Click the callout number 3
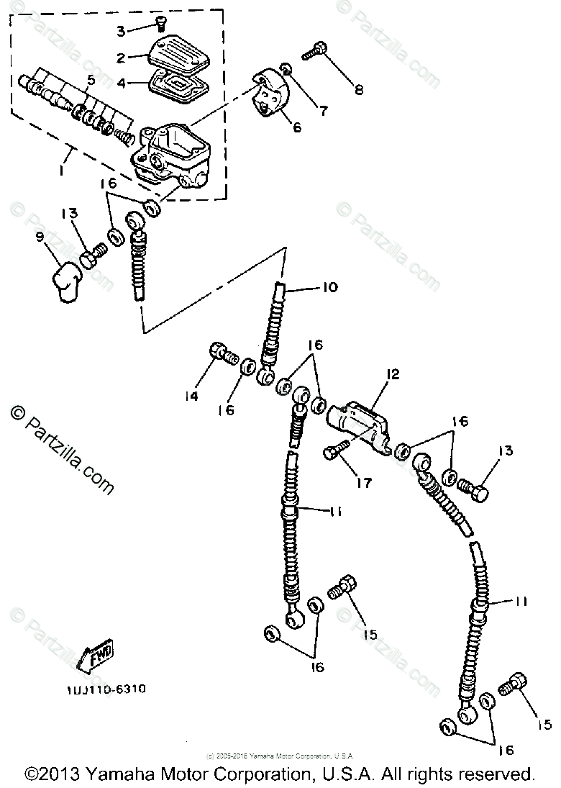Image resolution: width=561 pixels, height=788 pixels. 121,30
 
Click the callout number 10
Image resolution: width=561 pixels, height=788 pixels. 329,288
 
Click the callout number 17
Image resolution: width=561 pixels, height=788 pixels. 364,482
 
